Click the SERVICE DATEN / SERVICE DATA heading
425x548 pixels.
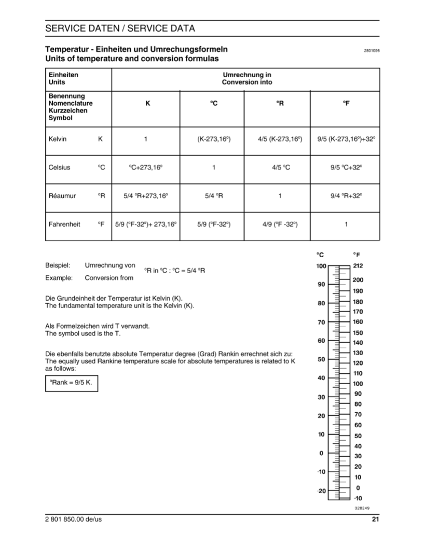tap(120, 28)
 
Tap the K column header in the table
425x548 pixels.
tap(147, 104)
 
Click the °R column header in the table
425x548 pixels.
tap(280, 104)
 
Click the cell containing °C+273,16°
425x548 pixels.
tap(146, 167)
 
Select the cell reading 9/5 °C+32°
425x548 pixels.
tap(346, 167)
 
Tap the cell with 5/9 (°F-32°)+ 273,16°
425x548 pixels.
tap(146, 224)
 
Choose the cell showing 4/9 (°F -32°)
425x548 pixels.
tap(280, 224)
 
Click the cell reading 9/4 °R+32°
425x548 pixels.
tap(346, 196)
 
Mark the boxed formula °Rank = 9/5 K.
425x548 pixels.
tap(71, 384)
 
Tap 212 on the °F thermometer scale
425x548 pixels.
tap(358, 266)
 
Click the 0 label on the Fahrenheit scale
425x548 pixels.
tap(358, 488)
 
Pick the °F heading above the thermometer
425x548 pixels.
tap(357, 255)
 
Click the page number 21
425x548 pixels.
tap(376, 519)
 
